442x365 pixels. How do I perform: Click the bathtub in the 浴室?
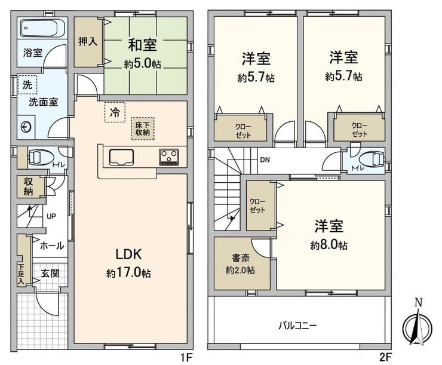(x=43, y=28)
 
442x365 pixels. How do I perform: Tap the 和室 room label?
(x=142, y=45)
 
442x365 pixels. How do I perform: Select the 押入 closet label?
(x=88, y=42)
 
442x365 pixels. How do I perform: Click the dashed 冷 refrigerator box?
(x=115, y=112)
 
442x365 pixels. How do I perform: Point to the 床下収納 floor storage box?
(x=143, y=129)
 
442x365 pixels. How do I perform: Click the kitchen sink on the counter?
(x=121, y=157)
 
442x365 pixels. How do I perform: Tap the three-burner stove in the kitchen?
(x=169, y=157)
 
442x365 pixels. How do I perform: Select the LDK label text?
(x=128, y=254)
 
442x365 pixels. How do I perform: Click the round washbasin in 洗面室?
(x=26, y=127)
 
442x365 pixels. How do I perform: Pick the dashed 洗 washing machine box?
(x=27, y=85)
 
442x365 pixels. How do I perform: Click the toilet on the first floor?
(x=40, y=157)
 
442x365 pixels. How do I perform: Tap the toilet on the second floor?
(x=372, y=160)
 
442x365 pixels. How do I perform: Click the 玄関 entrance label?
(x=50, y=273)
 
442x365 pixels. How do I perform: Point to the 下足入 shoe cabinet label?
(x=22, y=274)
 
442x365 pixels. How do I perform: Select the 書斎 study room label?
(x=241, y=258)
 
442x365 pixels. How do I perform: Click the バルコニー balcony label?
(x=297, y=326)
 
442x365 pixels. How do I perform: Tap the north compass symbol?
(x=417, y=325)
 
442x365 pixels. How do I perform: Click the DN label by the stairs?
(x=265, y=160)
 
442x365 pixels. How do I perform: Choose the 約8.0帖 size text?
(x=329, y=245)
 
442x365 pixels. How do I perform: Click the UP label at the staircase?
(x=51, y=216)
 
